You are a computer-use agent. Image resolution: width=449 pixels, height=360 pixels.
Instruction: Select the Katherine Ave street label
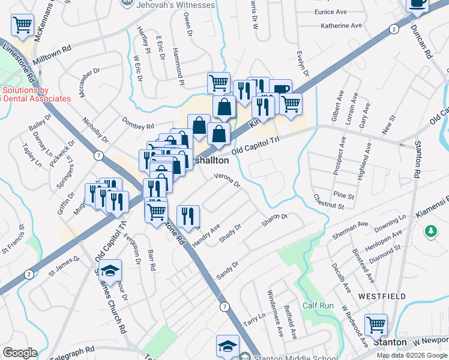pos(342,26)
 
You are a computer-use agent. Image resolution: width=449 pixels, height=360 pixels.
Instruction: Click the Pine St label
pos(344,195)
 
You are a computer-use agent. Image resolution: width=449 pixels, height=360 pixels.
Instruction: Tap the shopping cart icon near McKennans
pos(22,25)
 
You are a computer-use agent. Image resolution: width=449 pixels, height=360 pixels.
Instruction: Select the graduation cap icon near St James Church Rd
pos(110,271)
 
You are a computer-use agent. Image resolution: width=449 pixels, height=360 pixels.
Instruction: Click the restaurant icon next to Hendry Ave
pos(188,216)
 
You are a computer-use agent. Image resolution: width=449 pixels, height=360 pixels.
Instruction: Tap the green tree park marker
pos(430,231)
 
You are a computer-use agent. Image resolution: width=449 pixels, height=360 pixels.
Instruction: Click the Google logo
pos(20,353)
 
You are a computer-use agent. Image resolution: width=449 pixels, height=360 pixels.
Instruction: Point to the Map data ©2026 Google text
pos(412,355)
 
